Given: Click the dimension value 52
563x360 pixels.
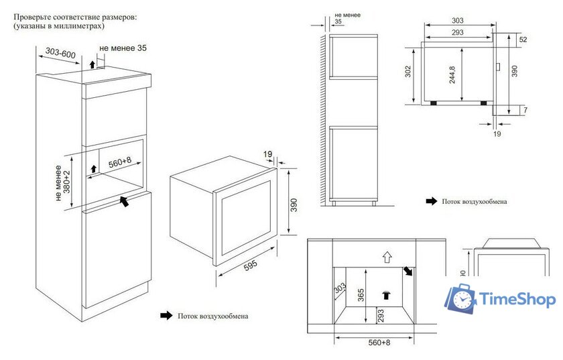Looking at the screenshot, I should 523,40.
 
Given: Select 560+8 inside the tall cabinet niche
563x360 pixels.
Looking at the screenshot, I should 119,161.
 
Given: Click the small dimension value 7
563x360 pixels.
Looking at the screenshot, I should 524,109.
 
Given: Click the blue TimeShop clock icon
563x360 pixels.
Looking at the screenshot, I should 461,300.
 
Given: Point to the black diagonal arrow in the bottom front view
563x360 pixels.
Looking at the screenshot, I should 408,272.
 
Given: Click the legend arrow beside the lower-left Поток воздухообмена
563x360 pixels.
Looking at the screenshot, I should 164,314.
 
